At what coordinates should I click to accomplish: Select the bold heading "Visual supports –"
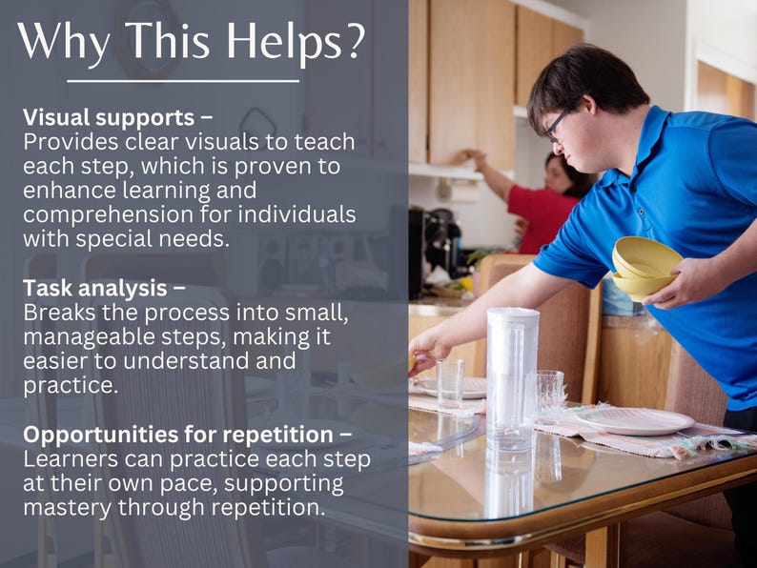(x=117, y=117)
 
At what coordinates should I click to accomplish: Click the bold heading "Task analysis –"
(x=104, y=288)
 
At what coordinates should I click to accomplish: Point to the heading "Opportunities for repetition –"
(x=187, y=435)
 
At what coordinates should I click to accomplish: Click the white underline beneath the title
(x=182, y=81)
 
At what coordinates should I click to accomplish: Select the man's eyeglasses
(x=557, y=124)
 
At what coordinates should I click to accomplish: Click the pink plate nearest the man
(x=634, y=420)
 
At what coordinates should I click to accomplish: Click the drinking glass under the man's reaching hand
(x=450, y=382)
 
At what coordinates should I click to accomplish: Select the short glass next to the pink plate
(x=549, y=396)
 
